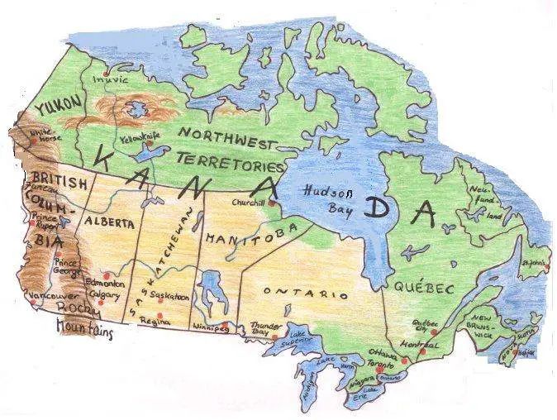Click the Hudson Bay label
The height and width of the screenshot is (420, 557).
(328, 196)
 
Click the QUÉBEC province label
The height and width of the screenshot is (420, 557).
(424, 288)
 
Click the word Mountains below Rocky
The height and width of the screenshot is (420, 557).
(83, 329)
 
